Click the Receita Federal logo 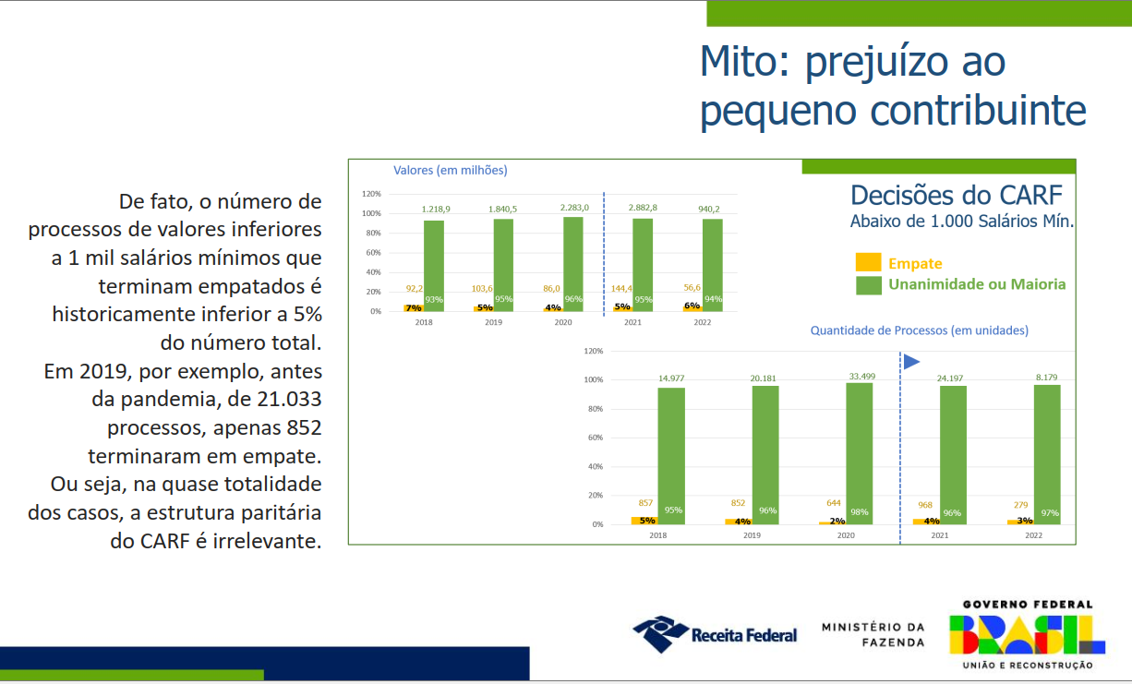point(715,634)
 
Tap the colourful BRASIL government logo point(1027,634)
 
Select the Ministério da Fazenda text point(873,634)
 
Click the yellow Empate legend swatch point(868,262)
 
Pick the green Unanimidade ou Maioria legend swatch point(868,284)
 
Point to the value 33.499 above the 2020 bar point(860,376)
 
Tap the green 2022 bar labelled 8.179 point(1047,454)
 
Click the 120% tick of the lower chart point(594,351)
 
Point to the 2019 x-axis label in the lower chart point(752,535)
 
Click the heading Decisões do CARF point(956,196)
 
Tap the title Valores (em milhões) point(450,170)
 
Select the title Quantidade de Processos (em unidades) point(919,330)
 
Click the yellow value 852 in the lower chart point(738,503)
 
